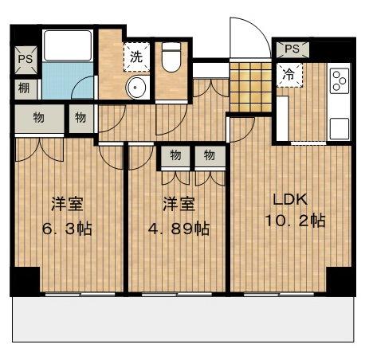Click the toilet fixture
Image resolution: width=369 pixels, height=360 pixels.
point(171,57)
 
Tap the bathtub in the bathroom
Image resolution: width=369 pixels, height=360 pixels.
point(68,45)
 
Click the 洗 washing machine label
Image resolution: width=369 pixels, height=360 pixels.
point(136,57)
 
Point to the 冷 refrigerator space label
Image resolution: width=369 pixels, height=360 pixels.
point(289,75)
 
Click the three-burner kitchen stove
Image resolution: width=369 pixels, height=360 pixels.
point(340,80)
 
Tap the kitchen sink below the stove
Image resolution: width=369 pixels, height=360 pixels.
point(340,129)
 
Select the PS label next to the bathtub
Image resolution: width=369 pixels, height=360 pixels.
point(26,59)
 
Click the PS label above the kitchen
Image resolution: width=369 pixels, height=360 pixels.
point(292,49)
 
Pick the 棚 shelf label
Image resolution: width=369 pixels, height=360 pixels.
point(24,88)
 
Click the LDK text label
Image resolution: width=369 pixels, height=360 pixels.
point(290,199)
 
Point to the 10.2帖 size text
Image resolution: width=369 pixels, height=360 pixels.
point(295,221)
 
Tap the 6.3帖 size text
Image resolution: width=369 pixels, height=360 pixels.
point(67,229)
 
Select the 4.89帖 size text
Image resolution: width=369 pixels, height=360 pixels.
point(179,229)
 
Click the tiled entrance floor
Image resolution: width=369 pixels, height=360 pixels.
point(250,87)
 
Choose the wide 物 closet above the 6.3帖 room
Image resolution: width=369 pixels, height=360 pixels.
point(39,119)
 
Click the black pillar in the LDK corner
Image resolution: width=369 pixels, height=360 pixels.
point(341,281)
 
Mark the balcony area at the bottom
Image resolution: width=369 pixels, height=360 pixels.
point(183,319)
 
